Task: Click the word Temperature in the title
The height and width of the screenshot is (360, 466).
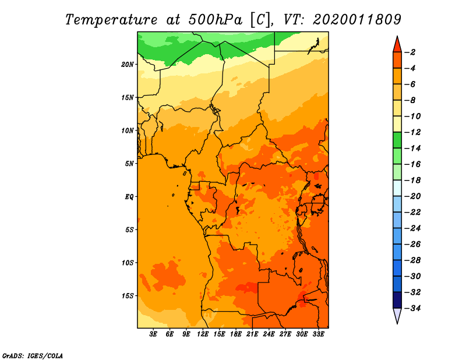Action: [x=111, y=20]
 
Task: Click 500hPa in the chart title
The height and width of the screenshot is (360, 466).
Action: [x=215, y=20]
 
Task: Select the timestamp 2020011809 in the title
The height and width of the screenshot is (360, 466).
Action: [x=357, y=20]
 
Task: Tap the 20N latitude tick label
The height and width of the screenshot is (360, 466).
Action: [x=127, y=65]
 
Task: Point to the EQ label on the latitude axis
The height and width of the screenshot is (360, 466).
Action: [x=129, y=197]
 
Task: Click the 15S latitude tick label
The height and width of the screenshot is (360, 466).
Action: [x=127, y=296]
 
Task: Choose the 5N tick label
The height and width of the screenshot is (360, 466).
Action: [x=129, y=164]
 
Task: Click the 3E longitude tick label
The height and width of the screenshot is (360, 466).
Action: [x=153, y=334]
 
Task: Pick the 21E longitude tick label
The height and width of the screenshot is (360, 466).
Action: [x=252, y=334]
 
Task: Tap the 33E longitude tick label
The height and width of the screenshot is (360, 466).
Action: [x=318, y=334]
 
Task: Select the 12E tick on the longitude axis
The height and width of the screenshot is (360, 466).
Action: [x=202, y=334]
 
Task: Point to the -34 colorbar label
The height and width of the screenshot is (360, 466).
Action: [x=412, y=308]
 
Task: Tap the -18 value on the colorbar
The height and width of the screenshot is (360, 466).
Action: [x=412, y=181]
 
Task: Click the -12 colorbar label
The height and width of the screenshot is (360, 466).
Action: [x=412, y=132]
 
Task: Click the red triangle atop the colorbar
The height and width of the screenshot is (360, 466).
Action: [x=397, y=45]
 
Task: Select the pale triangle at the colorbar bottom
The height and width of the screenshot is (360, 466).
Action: [x=397, y=315]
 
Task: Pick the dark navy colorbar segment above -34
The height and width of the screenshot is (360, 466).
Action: [x=397, y=300]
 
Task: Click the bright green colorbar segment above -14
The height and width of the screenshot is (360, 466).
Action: [x=397, y=140]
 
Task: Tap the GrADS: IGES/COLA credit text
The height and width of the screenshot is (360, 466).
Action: [x=33, y=355]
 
